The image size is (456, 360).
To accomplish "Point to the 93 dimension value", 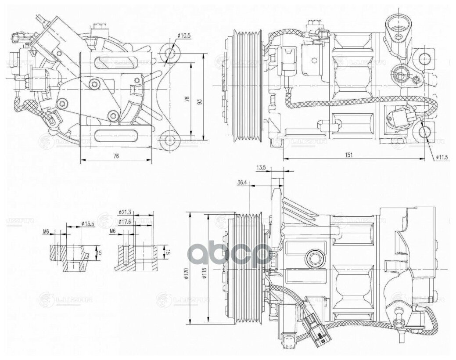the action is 200,101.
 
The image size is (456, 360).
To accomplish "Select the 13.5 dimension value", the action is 262,168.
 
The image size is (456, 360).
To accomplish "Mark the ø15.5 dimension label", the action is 88,224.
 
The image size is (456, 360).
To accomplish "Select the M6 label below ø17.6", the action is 112,230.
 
